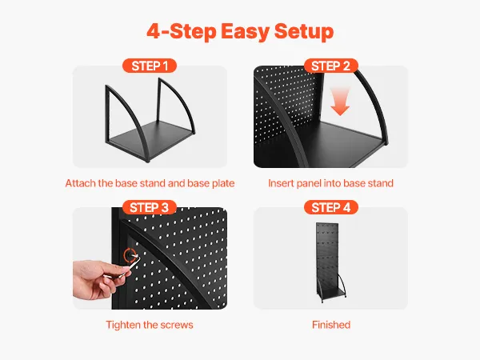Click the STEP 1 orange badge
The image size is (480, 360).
(x=150, y=66)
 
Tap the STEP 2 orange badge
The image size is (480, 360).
(x=331, y=66)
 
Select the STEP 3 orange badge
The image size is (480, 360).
(x=150, y=207)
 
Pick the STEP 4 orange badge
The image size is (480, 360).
(x=331, y=207)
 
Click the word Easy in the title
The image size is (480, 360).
(x=246, y=31)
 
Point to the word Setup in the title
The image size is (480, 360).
(x=304, y=31)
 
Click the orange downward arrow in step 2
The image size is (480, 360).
(x=340, y=101)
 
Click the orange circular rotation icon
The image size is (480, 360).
(x=130, y=256)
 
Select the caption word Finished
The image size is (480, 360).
(x=331, y=325)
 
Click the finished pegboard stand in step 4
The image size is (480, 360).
(x=330, y=262)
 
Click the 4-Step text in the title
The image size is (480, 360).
(x=182, y=31)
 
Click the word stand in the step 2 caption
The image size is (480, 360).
(x=381, y=183)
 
